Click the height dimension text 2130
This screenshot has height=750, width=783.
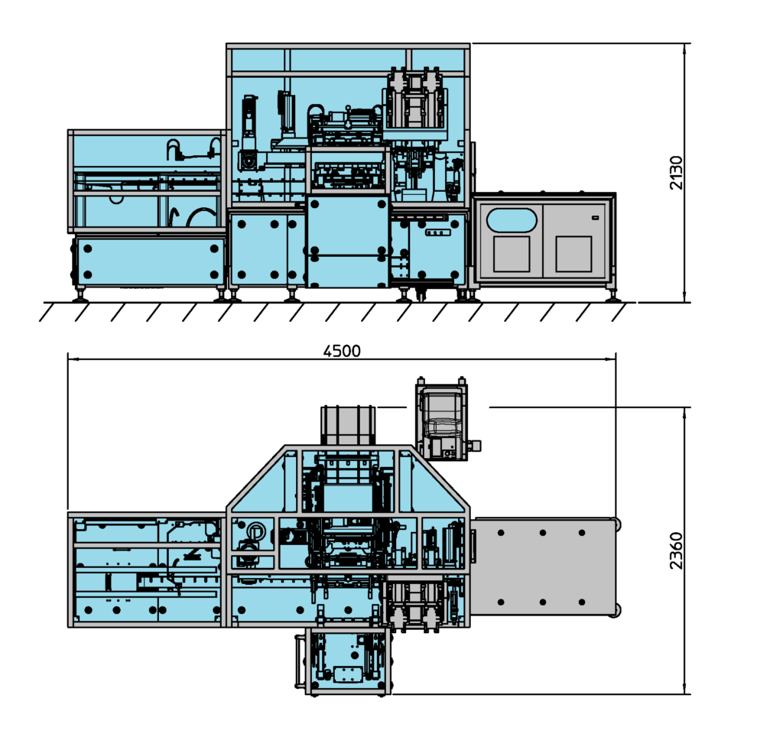[x=676, y=173]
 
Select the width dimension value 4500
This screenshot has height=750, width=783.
[x=342, y=351]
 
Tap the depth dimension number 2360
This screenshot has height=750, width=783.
[x=676, y=550]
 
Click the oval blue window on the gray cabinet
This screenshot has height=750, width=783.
[x=512, y=219]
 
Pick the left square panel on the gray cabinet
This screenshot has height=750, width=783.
[x=512, y=254]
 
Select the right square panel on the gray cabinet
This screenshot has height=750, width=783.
[x=573, y=254]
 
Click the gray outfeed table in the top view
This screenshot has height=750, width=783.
[x=543, y=566]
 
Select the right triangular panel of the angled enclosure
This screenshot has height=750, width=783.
[x=432, y=485]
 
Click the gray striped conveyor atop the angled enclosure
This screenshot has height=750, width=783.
[x=348, y=425]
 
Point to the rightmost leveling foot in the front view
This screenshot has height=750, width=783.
[x=612, y=297]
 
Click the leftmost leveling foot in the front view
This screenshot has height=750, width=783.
[x=79, y=297]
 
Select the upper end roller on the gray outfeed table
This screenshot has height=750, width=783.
[x=616, y=524]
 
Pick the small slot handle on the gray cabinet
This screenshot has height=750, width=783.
[x=594, y=219]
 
